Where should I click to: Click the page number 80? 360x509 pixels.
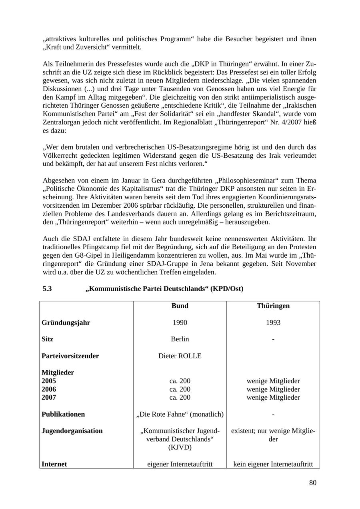(x=312, y=483)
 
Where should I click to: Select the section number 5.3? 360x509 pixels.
(x=47, y=289)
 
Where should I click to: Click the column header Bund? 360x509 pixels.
(x=180, y=306)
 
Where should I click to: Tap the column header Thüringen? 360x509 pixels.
(x=273, y=306)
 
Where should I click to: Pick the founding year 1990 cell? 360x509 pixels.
(x=180, y=323)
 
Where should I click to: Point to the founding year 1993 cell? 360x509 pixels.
(x=273, y=323)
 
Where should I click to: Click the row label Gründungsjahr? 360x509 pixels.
(x=66, y=323)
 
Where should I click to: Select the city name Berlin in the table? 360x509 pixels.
(x=180, y=339)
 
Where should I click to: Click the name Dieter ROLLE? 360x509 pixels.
(x=180, y=356)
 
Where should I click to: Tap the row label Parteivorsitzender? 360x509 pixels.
(x=70, y=356)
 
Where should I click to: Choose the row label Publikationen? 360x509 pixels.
(x=63, y=414)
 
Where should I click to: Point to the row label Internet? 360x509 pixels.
(x=54, y=464)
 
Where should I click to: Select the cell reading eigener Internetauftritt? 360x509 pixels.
(x=180, y=464)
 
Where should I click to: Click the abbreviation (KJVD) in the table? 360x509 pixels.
(x=180, y=447)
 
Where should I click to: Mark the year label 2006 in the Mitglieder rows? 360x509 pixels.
(x=49, y=389)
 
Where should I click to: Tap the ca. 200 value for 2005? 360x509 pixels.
(x=180, y=381)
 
